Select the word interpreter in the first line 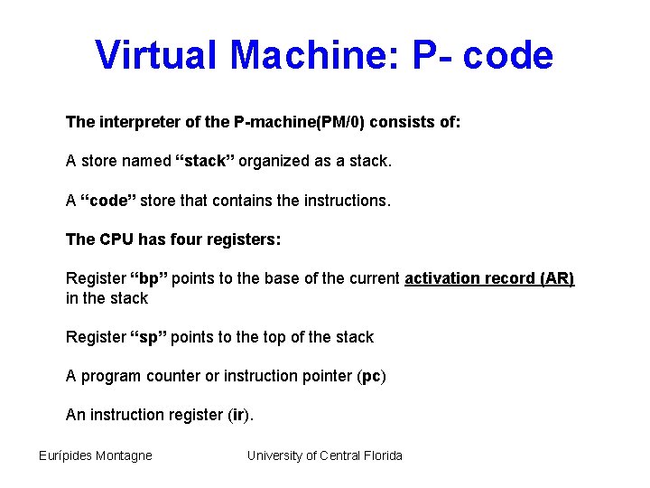click(140, 122)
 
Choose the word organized click(291, 162)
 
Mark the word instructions click(348, 201)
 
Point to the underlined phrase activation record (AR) click(489, 278)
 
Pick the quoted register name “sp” click(148, 337)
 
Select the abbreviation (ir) click(237, 416)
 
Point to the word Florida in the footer click(382, 455)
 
